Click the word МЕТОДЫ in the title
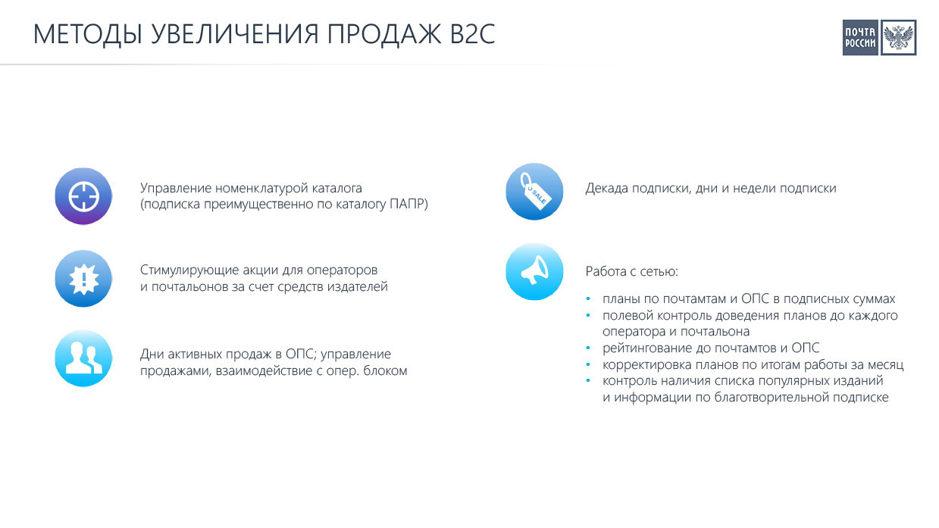[x=88, y=34]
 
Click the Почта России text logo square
[x=859, y=38]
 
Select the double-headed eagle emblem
[x=898, y=38]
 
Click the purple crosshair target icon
[x=83, y=196]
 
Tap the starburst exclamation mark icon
[x=83, y=278]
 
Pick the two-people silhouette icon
[x=83, y=358]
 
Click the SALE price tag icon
[x=534, y=192]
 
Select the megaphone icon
[x=534, y=271]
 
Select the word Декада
[x=606, y=188]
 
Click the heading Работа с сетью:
[x=632, y=271]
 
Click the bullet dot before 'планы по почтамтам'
[x=588, y=298]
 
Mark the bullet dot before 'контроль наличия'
[x=588, y=381]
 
